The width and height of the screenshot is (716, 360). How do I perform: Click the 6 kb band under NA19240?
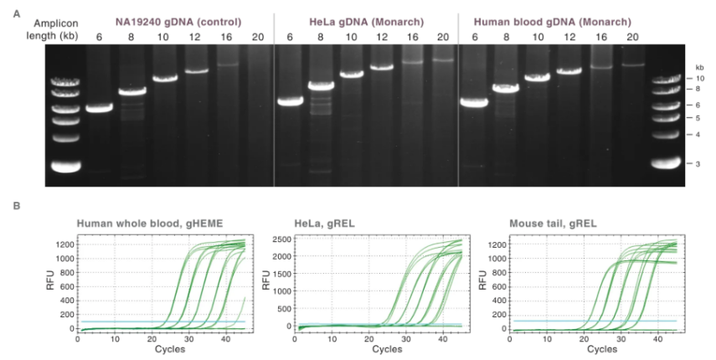pyautogui.click(x=99, y=108)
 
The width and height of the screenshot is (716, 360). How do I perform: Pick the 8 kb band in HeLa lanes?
pyautogui.click(x=321, y=85)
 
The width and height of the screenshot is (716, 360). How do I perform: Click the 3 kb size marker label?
pyautogui.click(x=699, y=163)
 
